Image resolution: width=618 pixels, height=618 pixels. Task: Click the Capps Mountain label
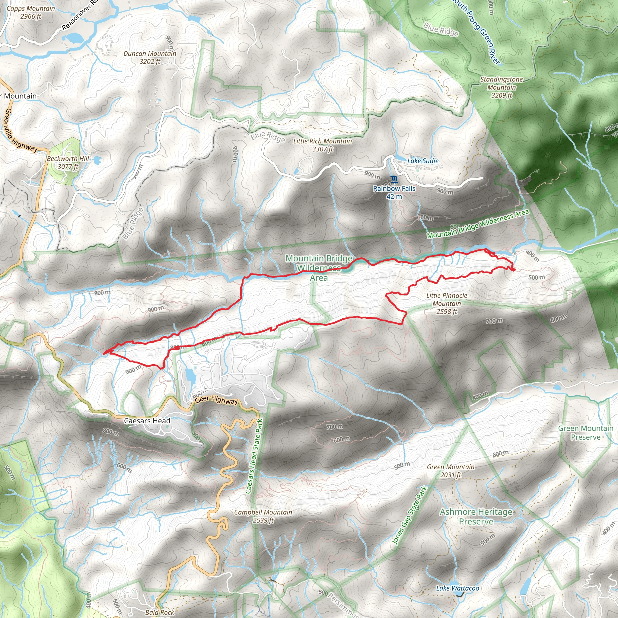(x=31, y=12)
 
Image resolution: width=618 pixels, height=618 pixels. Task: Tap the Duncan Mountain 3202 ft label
(x=150, y=58)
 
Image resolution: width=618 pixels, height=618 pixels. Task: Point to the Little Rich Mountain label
(x=323, y=145)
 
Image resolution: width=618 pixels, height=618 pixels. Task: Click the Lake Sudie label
(x=422, y=161)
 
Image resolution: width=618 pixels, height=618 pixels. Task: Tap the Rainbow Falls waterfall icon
(x=394, y=179)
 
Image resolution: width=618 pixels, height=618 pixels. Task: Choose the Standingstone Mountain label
(x=502, y=87)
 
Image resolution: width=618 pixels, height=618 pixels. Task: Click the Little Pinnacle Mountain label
(x=447, y=303)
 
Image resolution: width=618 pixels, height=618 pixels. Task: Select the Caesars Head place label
(x=147, y=421)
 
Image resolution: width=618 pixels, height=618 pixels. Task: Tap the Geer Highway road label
(x=217, y=400)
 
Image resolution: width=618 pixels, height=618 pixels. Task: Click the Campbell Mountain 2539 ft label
(x=263, y=516)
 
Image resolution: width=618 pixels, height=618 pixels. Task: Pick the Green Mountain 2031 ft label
(x=451, y=471)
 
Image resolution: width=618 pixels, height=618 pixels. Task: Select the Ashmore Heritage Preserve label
(x=476, y=517)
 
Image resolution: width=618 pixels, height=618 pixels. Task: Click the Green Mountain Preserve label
(x=586, y=432)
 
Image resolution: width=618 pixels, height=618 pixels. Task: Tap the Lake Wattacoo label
(x=457, y=588)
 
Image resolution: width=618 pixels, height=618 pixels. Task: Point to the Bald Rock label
(x=160, y=612)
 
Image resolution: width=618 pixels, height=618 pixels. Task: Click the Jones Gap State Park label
(x=409, y=515)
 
